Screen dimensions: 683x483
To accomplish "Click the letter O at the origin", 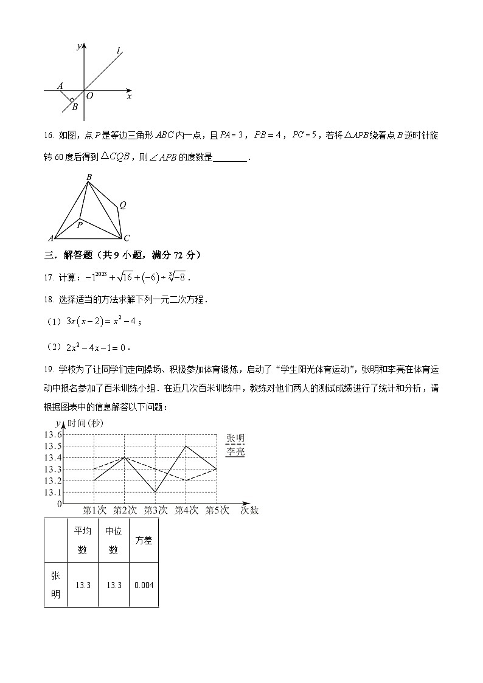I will click(x=89, y=96).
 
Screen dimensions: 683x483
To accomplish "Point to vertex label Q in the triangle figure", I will click(x=122, y=205).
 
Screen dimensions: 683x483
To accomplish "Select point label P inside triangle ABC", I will click(x=79, y=225).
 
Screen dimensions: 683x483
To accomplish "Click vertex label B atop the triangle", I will click(x=89, y=178).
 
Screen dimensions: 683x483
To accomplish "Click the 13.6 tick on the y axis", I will click(x=52, y=434).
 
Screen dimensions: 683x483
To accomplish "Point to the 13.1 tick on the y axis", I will click(x=52, y=492).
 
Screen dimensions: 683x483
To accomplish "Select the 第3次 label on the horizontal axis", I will click(x=156, y=510).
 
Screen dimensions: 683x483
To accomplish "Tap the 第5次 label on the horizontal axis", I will click(x=217, y=510).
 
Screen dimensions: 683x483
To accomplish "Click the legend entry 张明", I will click(x=235, y=439).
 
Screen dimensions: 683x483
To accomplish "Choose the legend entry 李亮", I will click(x=235, y=452).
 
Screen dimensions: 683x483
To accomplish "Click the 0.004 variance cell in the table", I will click(x=144, y=585).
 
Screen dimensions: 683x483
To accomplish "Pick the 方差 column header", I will click(x=144, y=540).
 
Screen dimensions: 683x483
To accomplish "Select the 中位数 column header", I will click(x=114, y=540).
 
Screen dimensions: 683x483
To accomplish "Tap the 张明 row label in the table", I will click(x=55, y=585).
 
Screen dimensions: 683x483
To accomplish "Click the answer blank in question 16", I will click(x=231, y=158).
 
